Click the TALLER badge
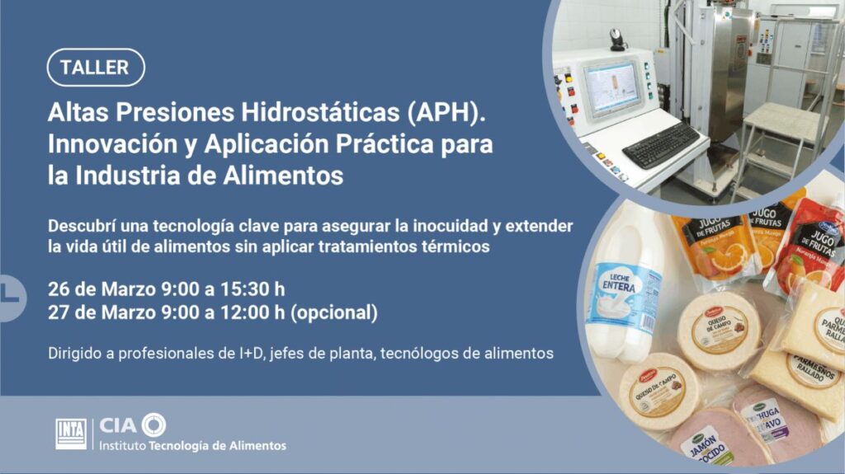[x=96, y=68]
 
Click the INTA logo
[x=71, y=433]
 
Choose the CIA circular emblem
[x=153, y=425]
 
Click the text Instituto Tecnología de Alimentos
[x=192, y=446]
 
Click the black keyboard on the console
[x=660, y=145]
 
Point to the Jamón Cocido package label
[x=704, y=446]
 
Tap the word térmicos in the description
[x=456, y=246]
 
